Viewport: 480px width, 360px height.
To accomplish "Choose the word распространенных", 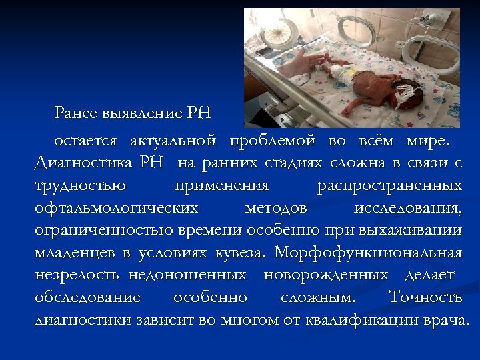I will (387, 185).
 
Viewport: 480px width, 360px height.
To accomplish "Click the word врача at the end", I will (445, 319).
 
